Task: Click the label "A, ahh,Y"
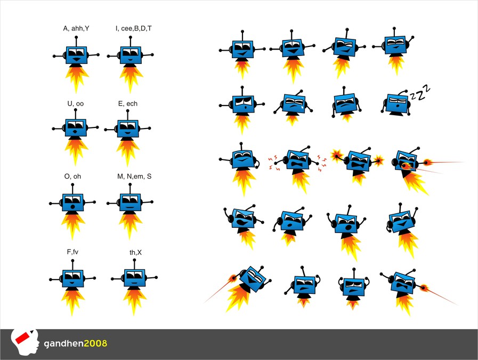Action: click(76, 28)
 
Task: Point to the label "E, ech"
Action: click(127, 103)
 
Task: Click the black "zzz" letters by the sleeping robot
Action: click(419, 94)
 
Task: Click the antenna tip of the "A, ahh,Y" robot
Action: click(77, 37)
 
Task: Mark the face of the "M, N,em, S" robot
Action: click(130, 202)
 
